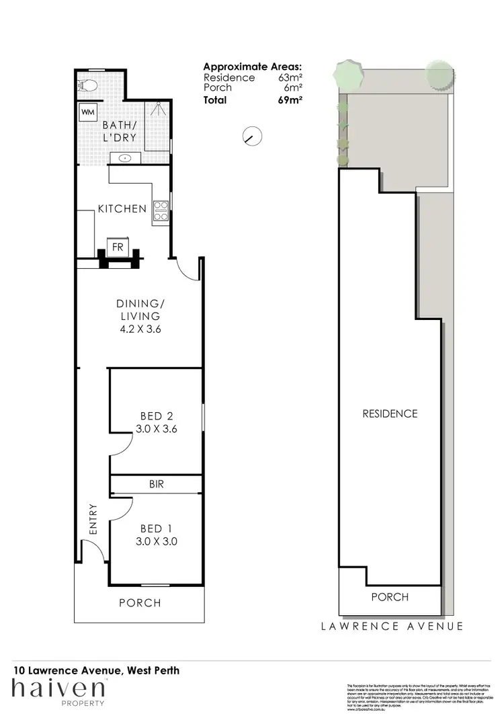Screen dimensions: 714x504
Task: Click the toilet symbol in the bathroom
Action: click(87, 85)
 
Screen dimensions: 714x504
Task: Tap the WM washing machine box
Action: click(87, 112)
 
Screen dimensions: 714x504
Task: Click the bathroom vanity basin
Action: click(125, 159)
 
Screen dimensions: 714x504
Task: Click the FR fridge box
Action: click(118, 246)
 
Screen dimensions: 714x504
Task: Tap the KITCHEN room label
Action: click(122, 208)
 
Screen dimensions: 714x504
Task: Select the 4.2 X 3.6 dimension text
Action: click(139, 329)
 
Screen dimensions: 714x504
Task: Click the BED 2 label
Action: click(157, 415)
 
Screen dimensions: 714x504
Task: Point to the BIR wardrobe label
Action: click(157, 483)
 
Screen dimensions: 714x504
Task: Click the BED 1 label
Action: click(156, 528)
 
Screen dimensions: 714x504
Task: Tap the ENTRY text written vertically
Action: click(93, 520)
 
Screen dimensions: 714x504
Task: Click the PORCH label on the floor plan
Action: click(140, 602)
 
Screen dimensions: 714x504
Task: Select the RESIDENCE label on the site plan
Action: click(390, 413)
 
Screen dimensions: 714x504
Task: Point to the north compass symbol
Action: click(251, 136)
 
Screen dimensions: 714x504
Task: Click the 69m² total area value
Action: click(291, 100)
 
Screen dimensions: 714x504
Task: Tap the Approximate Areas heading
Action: click(252, 67)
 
